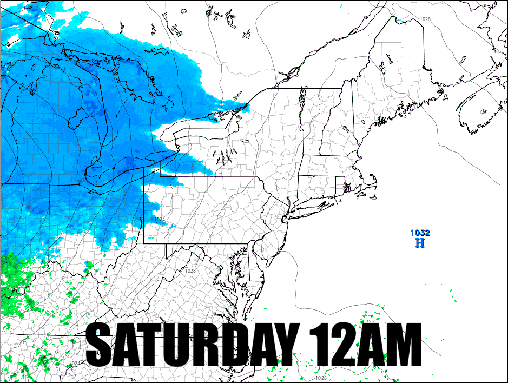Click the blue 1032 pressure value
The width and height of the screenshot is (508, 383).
420,233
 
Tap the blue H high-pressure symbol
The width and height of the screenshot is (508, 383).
420,243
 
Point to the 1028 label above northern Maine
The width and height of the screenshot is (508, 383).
425,19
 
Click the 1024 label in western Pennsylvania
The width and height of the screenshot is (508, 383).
159,220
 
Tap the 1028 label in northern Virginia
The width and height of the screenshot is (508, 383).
190,270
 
